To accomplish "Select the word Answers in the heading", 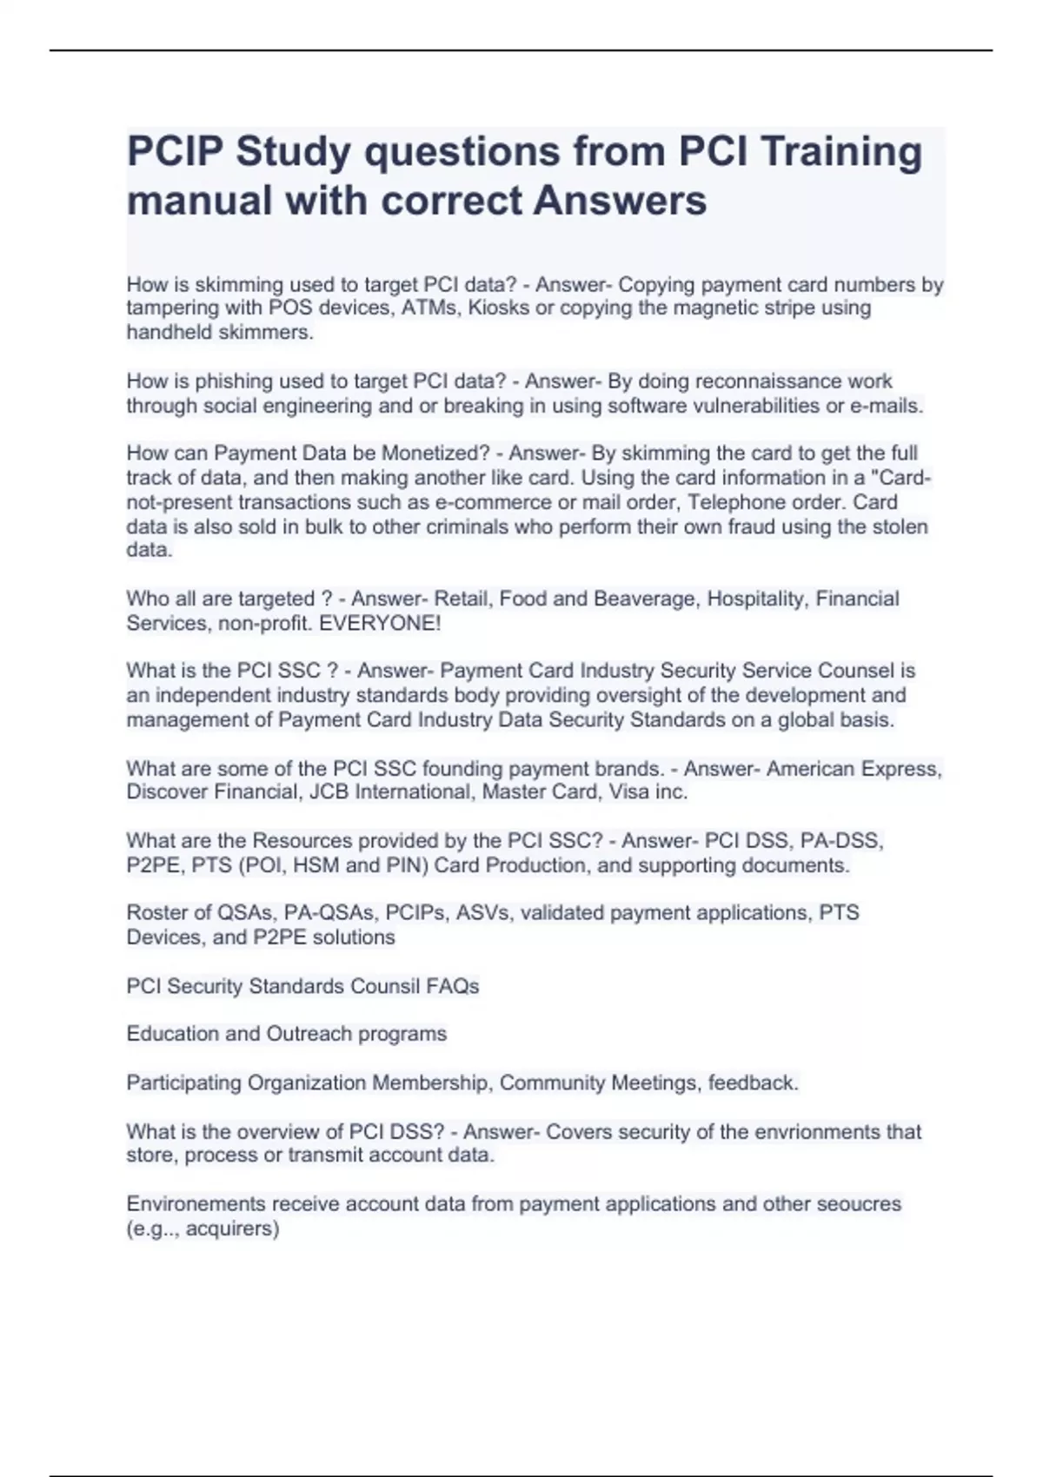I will pos(620,201).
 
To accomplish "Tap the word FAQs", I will pos(452,986).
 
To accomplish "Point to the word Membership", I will pos(429,1083).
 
